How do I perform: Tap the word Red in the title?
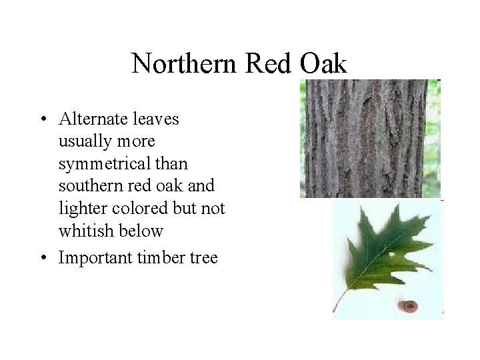[x=262, y=64]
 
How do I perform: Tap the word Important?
[x=94, y=257]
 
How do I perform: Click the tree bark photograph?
[x=368, y=138]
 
